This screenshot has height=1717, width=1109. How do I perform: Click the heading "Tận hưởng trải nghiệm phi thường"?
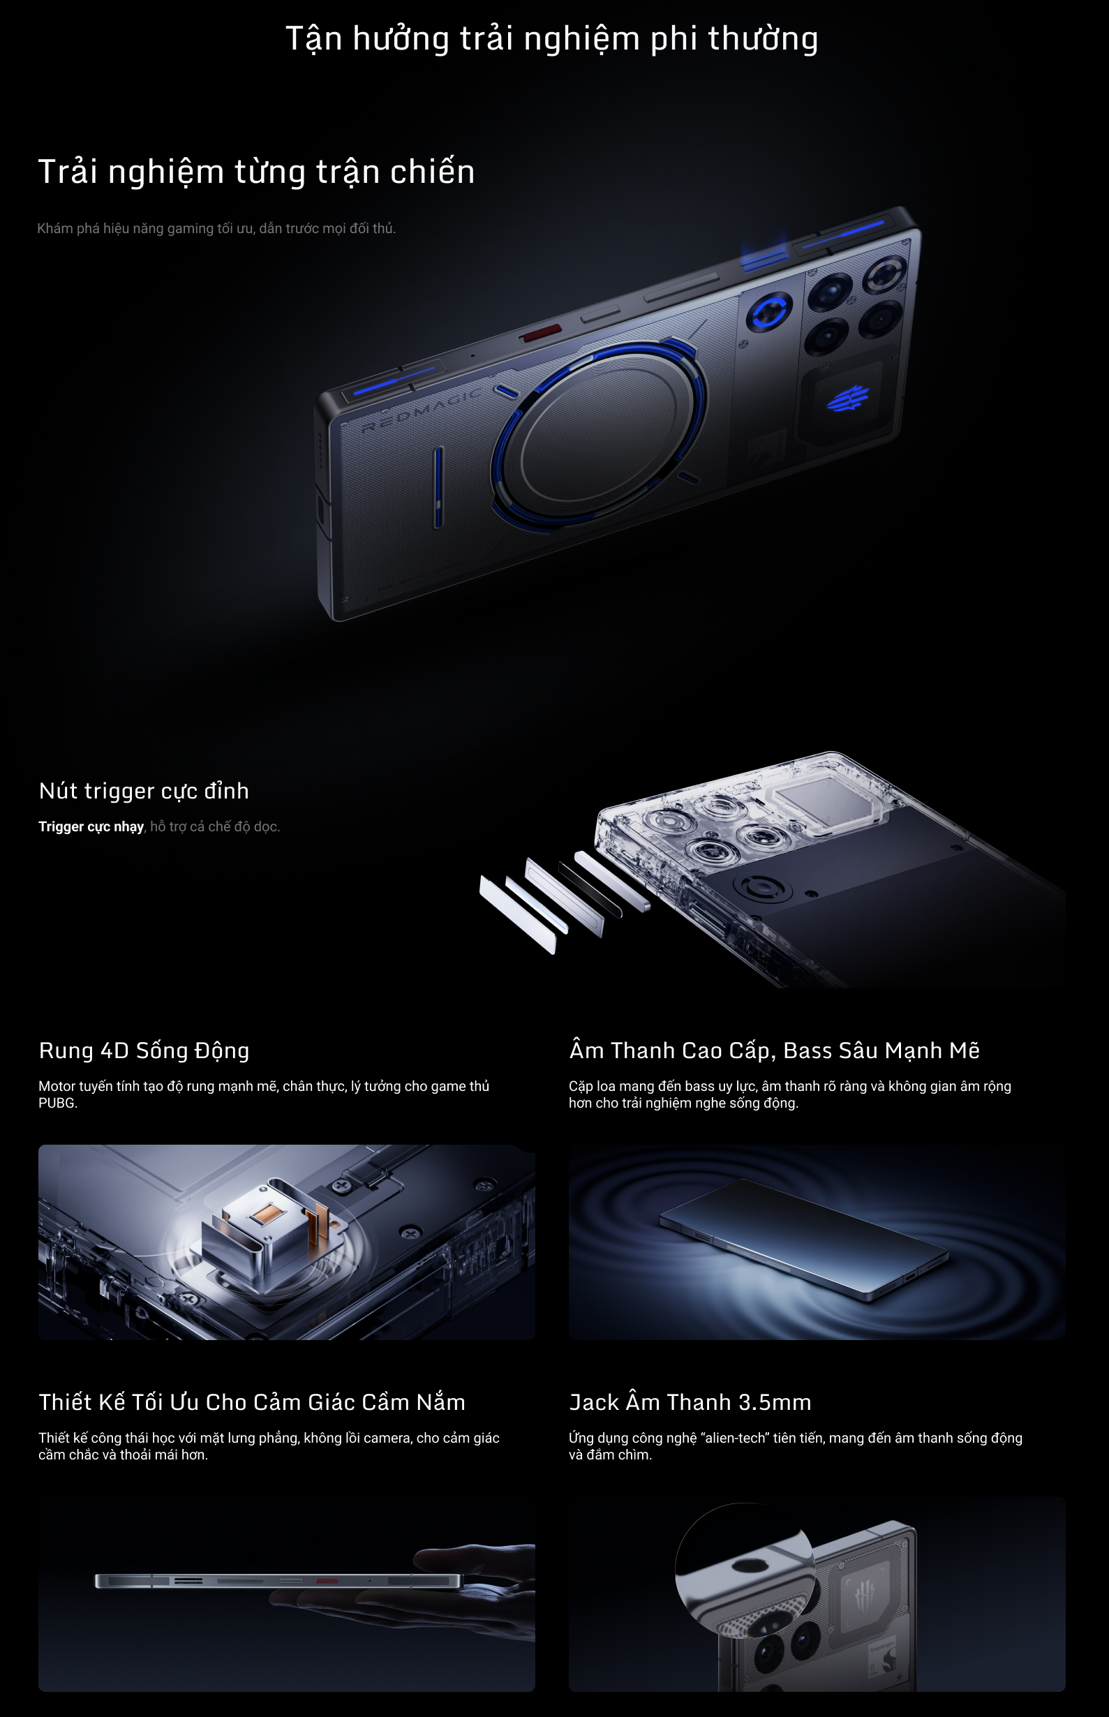tap(551, 39)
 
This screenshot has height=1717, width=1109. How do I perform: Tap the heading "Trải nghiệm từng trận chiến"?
tap(256, 172)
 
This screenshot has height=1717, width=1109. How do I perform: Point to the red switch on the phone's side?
tap(542, 334)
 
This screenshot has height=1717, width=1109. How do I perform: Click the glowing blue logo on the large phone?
tap(847, 398)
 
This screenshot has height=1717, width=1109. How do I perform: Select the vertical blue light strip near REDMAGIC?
tap(438, 487)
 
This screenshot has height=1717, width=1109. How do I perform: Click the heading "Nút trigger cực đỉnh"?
tap(144, 791)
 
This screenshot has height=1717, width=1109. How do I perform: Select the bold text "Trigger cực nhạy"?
tap(91, 827)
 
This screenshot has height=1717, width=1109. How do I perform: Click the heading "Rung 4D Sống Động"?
tap(144, 1051)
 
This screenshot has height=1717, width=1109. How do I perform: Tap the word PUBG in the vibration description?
tap(57, 1103)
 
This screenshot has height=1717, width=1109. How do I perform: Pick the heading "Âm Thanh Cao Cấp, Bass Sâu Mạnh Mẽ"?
tap(774, 1051)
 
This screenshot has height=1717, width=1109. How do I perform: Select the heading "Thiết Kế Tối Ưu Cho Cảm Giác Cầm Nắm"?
tap(252, 1402)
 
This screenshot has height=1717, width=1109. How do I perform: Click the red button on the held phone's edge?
tap(325, 1580)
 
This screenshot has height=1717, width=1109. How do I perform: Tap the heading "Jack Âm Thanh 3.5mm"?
tap(690, 1402)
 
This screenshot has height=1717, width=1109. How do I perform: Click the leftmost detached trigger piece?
tap(518, 914)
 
